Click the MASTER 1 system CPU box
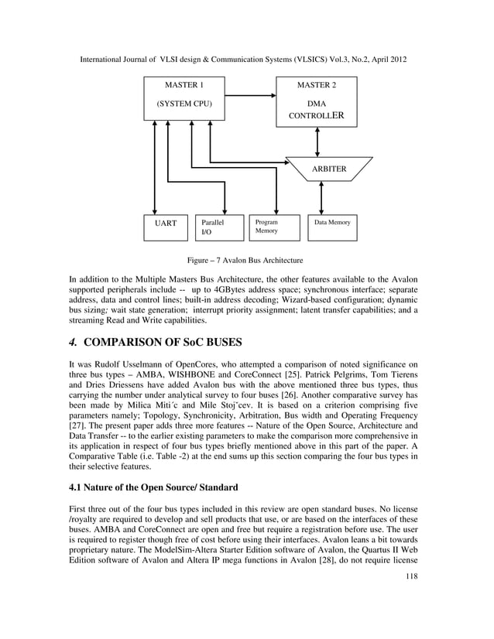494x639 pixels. point(184,97)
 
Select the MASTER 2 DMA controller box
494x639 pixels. point(316,101)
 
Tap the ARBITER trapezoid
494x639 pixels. point(328,169)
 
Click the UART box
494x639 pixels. point(163,227)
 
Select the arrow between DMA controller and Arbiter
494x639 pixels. point(317,142)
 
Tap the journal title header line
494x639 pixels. point(246,60)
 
